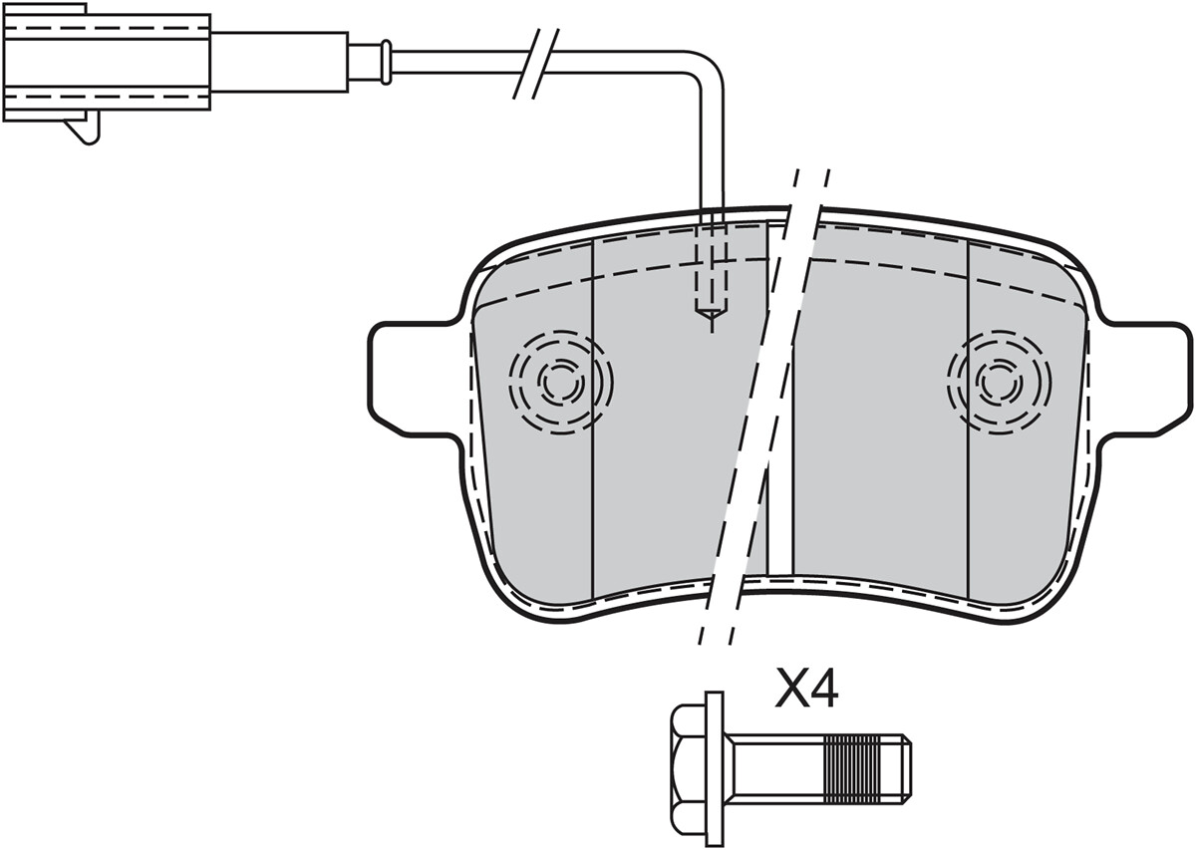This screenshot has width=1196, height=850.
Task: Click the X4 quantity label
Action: click(x=806, y=689)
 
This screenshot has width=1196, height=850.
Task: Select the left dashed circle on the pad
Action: click(x=560, y=383)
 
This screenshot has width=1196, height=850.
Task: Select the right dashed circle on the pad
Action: click(x=999, y=383)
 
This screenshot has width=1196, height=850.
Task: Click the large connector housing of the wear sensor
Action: click(x=107, y=62)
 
